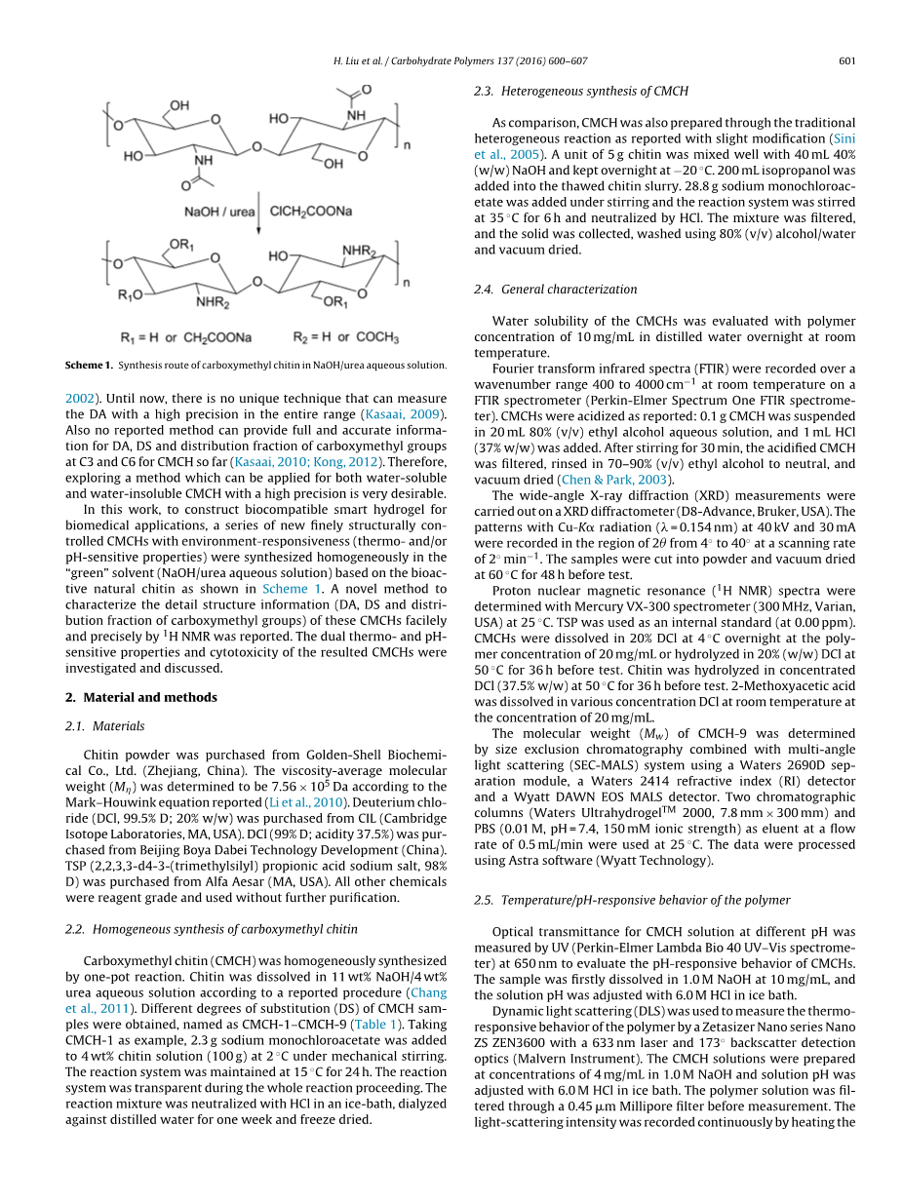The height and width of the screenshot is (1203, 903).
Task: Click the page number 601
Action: tap(846, 61)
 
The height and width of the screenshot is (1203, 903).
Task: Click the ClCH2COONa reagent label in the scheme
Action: tap(311, 212)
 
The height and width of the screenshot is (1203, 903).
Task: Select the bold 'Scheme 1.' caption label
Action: tap(89, 366)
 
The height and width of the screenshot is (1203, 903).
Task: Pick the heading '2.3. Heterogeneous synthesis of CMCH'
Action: tap(581, 91)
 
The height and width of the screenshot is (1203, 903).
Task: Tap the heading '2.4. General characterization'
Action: tap(556, 289)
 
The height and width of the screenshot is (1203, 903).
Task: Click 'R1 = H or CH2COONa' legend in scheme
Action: tap(186, 337)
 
